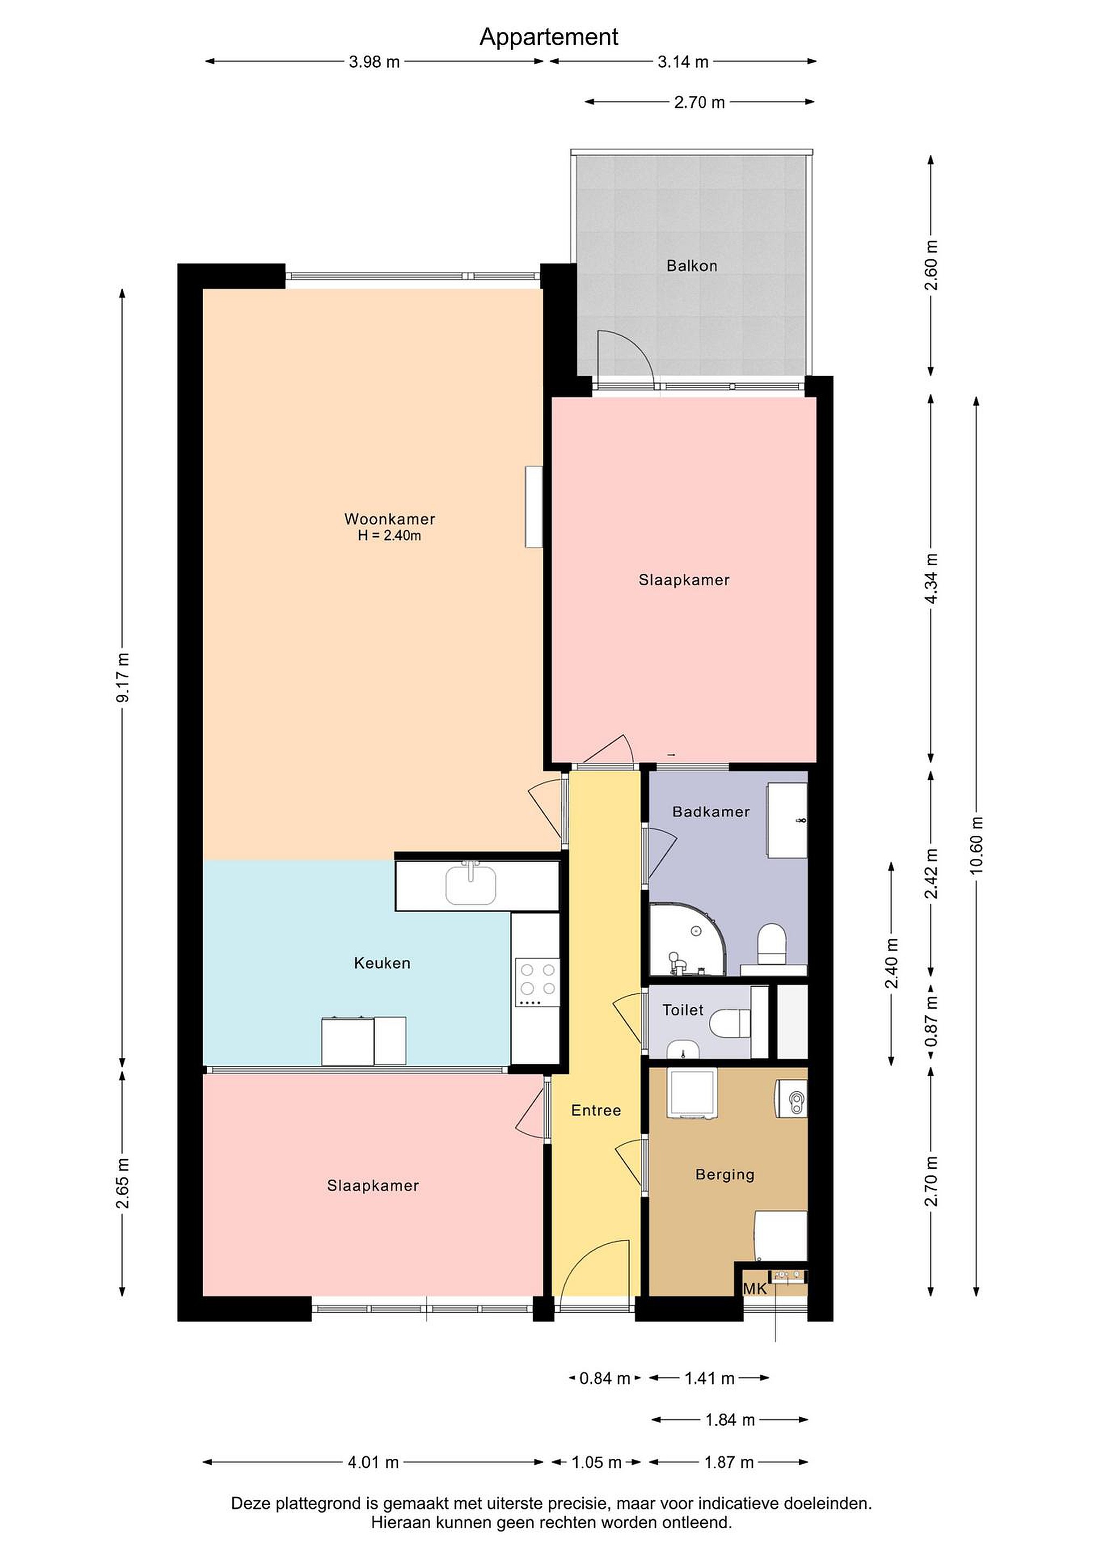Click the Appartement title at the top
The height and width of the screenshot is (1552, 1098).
(x=548, y=37)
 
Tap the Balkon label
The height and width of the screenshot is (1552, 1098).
(x=692, y=266)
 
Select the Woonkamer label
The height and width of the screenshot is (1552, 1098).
(x=389, y=519)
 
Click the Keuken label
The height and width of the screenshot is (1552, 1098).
(x=382, y=963)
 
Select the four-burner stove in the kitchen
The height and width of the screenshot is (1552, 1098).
(x=537, y=983)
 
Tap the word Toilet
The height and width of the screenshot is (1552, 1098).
(x=683, y=1010)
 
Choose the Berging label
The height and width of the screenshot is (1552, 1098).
(x=725, y=1175)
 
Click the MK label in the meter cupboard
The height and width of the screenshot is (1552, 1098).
(x=755, y=1289)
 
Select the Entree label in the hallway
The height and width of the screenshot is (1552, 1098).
(x=596, y=1111)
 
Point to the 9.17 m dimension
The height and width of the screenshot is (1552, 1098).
(x=122, y=677)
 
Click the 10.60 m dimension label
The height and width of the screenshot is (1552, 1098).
(x=976, y=845)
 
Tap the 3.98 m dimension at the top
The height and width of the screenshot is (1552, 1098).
(x=374, y=62)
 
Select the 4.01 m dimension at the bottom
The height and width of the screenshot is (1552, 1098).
(x=373, y=1463)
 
